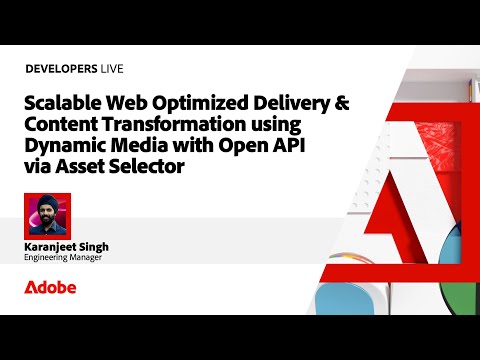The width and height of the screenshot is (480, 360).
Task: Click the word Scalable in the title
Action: click(x=63, y=103)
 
